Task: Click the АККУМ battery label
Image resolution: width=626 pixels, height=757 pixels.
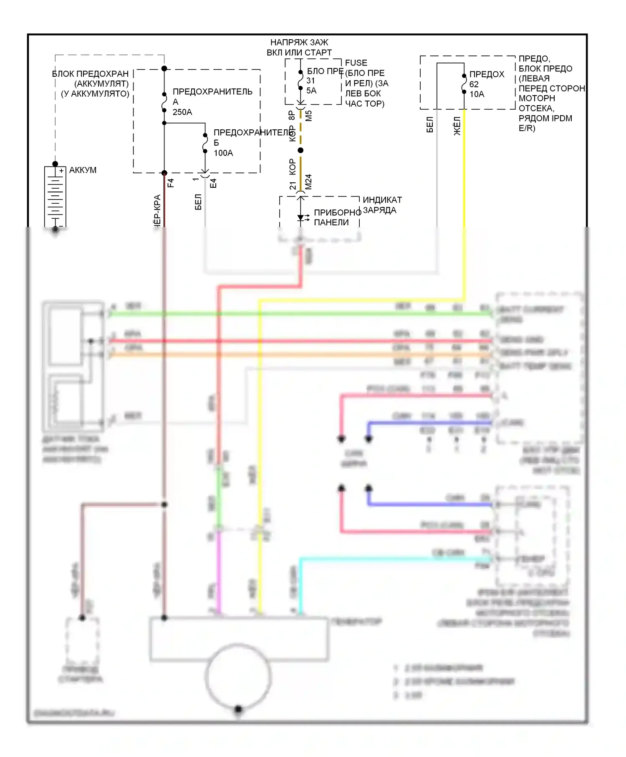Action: tap(83, 170)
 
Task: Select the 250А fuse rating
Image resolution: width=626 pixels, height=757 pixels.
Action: tap(182, 112)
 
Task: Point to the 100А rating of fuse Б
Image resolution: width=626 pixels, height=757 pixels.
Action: tap(223, 153)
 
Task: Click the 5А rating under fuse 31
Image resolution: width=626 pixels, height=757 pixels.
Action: tap(311, 91)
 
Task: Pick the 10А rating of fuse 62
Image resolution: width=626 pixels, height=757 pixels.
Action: tap(477, 94)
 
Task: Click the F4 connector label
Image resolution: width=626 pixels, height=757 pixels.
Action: tap(170, 183)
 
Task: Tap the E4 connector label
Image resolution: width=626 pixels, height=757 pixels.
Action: tap(213, 183)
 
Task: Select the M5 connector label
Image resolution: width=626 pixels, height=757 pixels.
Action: tap(308, 116)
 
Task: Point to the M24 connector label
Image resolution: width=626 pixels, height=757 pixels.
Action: tap(308, 182)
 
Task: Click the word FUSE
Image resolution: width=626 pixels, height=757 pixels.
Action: tap(356, 63)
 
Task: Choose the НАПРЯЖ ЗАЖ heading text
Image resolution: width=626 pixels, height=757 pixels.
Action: tap(299, 43)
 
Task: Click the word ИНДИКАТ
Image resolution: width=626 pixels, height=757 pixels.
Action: tap(382, 200)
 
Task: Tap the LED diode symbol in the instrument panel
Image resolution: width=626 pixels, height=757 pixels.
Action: tap(300, 217)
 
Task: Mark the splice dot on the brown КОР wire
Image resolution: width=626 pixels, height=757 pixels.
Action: tap(300, 150)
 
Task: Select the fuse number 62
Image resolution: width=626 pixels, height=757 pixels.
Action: tap(474, 84)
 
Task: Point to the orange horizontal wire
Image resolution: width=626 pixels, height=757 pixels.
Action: tap(292, 355)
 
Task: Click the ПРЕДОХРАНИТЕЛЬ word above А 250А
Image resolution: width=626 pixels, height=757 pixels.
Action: tap(212, 92)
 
